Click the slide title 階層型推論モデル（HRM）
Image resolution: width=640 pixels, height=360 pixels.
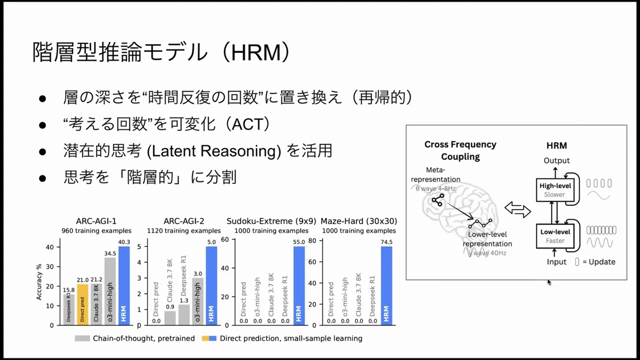pos(161,52)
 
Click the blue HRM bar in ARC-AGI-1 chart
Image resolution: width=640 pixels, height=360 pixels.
pos(124,285)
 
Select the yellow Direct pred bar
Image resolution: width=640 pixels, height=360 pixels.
pos(82,304)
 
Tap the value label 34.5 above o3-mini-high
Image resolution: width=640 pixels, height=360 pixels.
pos(110,253)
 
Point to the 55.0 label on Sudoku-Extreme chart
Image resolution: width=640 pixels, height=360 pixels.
pos(299,242)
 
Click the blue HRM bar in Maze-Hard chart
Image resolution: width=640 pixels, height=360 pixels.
pos(386,285)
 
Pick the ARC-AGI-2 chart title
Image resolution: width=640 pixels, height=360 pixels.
pos(183,221)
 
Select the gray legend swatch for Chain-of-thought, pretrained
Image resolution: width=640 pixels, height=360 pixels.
pos(82,338)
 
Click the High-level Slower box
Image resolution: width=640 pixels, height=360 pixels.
pos(555,190)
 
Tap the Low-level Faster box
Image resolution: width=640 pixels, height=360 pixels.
pos(555,236)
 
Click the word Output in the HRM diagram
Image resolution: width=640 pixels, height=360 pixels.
pos(556,160)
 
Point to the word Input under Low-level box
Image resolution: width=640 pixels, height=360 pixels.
pos(556,262)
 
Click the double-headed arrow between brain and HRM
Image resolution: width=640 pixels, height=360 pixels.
pos(517,209)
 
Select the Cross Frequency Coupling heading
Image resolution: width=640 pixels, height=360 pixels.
pos(460,150)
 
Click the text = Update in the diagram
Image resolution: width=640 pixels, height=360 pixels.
pos(598,262)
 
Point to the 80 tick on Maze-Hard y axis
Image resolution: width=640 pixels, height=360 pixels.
pos(313,240)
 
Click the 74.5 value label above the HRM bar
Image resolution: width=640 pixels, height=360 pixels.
pos(386,242)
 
